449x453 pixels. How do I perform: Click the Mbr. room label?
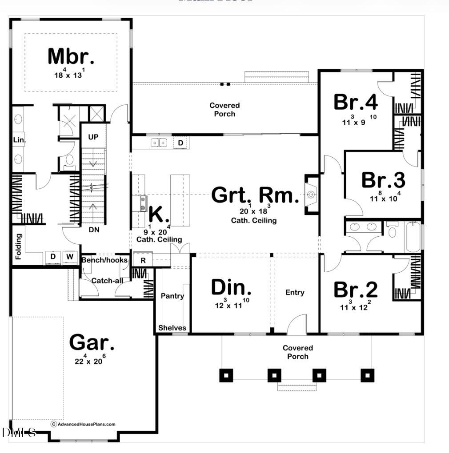pos(71,56)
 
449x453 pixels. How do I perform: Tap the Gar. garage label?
pos(92,342)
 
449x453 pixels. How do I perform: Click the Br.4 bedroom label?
pos(356,102)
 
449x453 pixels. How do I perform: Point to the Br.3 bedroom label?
pos(383,180)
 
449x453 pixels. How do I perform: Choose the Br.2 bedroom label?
pos(356,290)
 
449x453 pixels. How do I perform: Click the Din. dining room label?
pos(231,288)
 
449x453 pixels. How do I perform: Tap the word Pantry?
pos(172,296)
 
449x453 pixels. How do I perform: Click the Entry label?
pos(295,292)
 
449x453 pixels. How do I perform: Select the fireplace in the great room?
pos(310,195)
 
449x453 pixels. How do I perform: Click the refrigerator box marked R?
pos(143,260)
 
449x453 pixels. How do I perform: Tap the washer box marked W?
pos(70,257)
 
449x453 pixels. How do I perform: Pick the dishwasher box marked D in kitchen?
pos(180,143)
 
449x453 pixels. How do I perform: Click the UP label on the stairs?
pos(93,137)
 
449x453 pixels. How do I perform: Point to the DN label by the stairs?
pos(93,230)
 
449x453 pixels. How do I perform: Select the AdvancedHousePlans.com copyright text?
pos(83,424)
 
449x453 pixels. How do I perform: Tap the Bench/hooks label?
pos(104,260)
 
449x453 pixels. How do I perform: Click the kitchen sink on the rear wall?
pos(159,143)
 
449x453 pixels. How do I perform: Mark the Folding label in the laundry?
pos(18,247)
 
